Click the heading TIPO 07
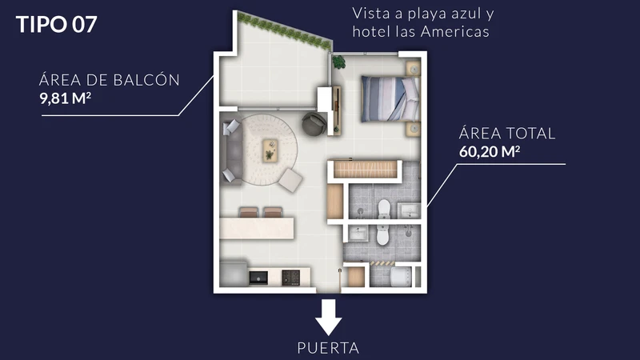point(57,24)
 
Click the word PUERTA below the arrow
point(328,348)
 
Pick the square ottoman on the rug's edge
point(290,179)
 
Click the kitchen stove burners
point(291,277)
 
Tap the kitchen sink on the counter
point(258,277)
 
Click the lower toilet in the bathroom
point(382,237)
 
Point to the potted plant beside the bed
point(339,60)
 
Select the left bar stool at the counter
point(249,212)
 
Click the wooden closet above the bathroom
point(366,170)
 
